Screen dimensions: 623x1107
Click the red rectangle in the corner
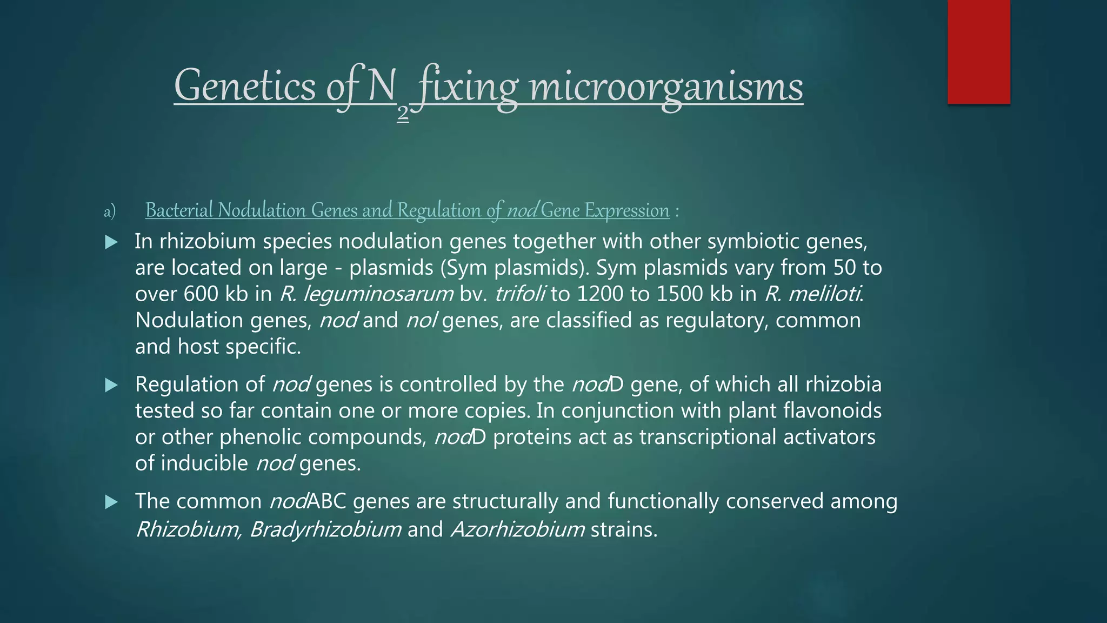pos(978,52)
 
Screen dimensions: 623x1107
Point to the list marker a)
pos(110,211)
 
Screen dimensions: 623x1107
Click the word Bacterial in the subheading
pos(180,210)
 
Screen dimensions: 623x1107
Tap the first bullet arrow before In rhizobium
pos(111,242)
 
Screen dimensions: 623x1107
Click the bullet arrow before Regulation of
pos(111,385)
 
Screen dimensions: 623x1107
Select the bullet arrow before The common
pos(111,502)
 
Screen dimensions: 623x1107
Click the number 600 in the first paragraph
pos(202,294)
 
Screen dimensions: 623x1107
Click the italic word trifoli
pos(519,294)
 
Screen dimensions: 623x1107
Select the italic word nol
pos(421,320)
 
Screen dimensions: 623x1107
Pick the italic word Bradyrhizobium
pos(325,529)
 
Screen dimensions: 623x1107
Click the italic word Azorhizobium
pos(518,529)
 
